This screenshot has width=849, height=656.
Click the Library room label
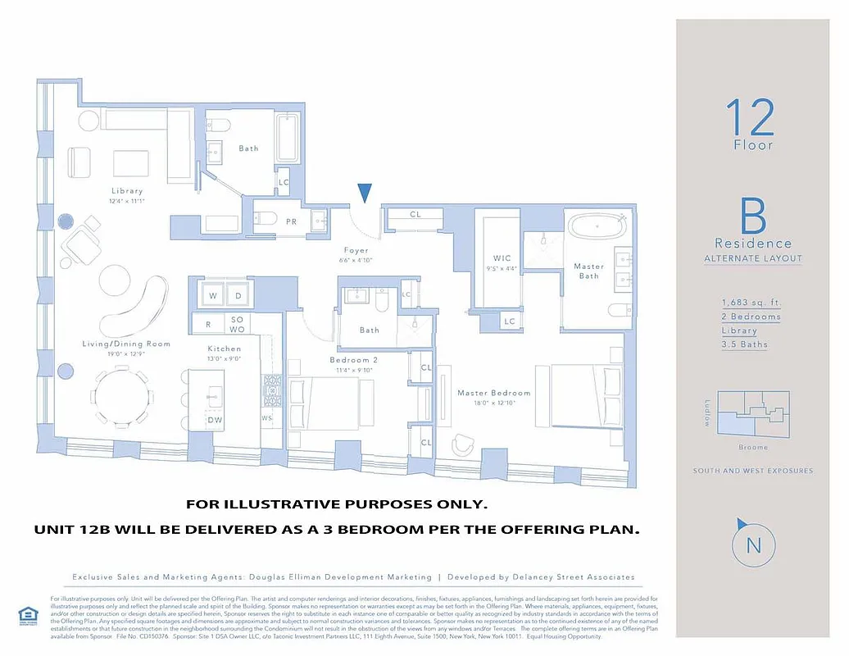click(x=127, y=191)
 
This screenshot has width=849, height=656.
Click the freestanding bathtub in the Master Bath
click(x=597, y=226)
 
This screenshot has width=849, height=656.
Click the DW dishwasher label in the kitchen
click(x=215, y=421)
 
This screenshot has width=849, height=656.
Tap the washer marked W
click(x=212, y=295)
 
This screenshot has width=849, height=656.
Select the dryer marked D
click(x=238, y=295)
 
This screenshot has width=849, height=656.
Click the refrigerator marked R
click(x=208, y=325)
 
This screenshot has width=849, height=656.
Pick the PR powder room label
click(x=291, y=221)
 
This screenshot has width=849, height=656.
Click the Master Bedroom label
click(x=493, y=393)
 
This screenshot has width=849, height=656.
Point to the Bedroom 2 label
click(x=353, y=360)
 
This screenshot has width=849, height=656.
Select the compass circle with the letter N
click(x=753, y=545)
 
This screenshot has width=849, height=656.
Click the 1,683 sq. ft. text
click(x=746, y=303)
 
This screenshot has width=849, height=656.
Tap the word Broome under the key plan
click(x=752, y=447)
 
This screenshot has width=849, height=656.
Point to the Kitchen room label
click(x=224, y=348)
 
